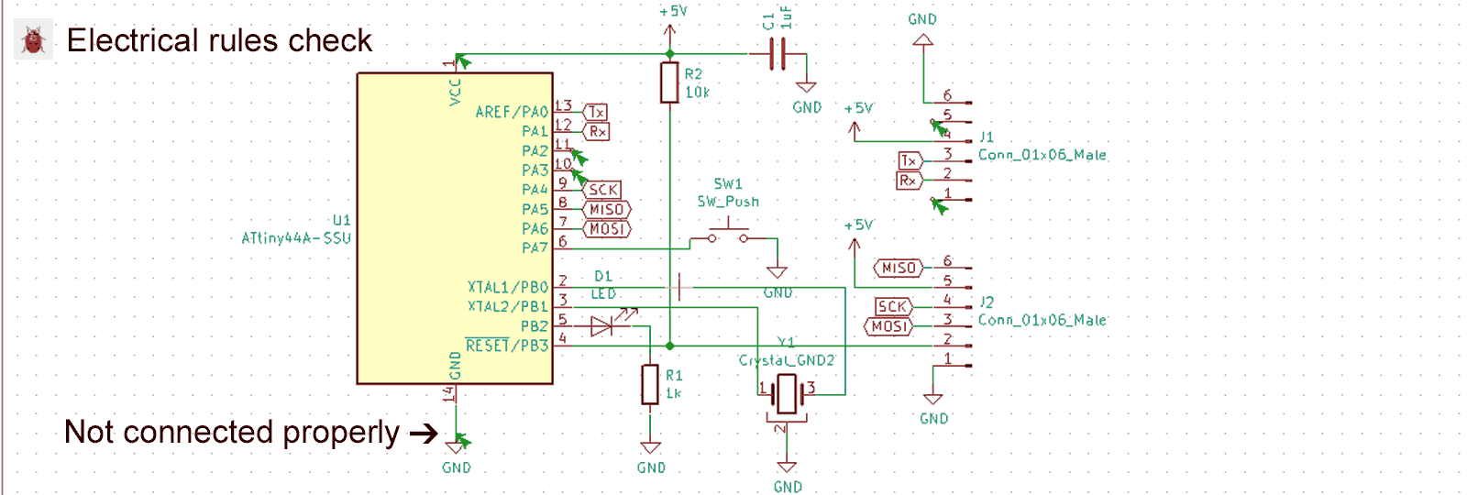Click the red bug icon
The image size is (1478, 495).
click(34, 40)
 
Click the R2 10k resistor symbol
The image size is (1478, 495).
click(669, 82)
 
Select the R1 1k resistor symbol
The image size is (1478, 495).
click(650, 384)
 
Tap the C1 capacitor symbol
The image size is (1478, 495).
click(778, 54)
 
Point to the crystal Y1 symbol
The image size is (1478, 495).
click(787, 393)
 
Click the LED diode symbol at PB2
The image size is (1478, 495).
click(603, 325)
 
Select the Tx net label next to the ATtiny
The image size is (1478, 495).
click(596, 112)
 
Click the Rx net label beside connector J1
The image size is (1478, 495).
click(908, 181)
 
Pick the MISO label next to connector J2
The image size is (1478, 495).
click(899, 268)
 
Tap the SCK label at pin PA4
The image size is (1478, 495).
click(602, 190)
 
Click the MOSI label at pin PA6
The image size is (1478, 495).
click(606, 228)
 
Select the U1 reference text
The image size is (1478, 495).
click(341, 220)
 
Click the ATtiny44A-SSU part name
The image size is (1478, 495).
click(295, 238)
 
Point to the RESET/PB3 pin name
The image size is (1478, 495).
click(507, 346)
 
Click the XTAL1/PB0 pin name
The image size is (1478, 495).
click(508, 287)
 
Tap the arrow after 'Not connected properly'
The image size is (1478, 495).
click(424, 434)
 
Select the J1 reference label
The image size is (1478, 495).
click(987, 137)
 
